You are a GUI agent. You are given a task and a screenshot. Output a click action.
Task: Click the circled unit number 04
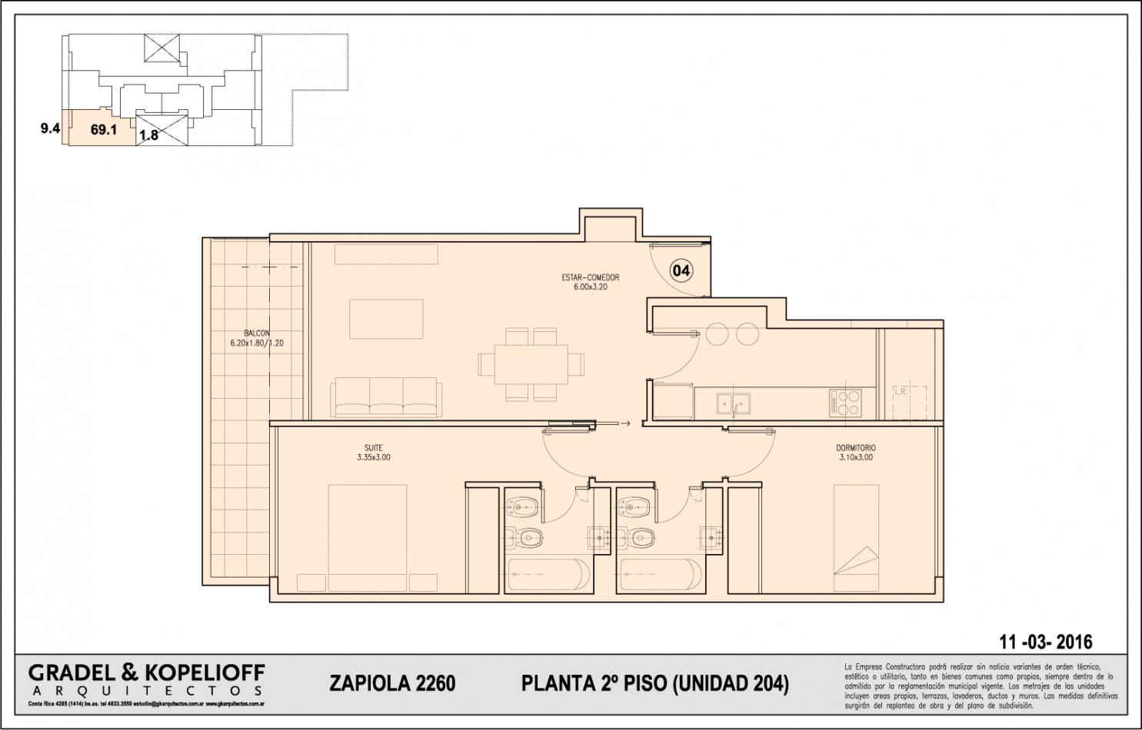(x=681, y=270)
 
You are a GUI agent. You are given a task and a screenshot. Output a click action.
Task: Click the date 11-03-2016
(x=1045, y=642)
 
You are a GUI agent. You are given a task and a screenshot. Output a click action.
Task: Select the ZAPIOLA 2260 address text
(x=392, y=683)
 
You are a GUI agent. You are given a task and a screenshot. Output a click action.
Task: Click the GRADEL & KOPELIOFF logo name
(x=146, y=673)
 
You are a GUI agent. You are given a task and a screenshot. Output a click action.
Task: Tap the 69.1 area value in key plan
(x=104, y=130)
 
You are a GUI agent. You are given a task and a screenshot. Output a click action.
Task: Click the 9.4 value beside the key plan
(x=50, y=128)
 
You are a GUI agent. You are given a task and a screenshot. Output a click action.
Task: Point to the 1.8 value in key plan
(x=148, y=135)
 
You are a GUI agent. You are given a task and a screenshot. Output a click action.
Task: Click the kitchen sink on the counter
(x=733, y=403)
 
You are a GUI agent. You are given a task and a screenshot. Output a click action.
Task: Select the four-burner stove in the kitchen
(x=845, y=403)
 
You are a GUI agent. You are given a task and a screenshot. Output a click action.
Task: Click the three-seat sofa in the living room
(x=386, y=397)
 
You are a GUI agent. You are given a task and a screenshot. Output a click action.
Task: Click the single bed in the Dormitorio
(x=856, y=538)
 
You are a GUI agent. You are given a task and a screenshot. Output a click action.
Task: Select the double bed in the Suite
(x=368, y=538)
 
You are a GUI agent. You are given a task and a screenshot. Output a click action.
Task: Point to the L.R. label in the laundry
(x=901, y=392)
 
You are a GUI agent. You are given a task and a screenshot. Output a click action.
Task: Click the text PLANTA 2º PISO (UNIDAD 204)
(x=654, y=683)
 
